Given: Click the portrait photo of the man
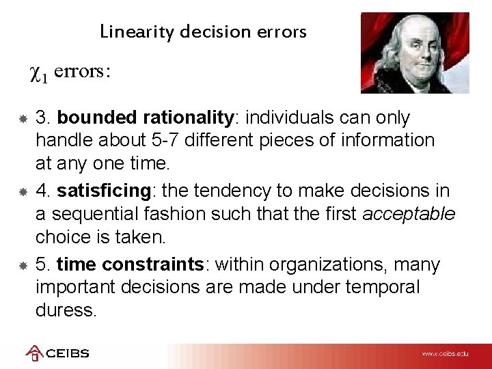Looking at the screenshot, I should tap(415, 53).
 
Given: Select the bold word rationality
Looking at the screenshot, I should tap(189, 118).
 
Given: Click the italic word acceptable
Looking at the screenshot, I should tap(409, 215).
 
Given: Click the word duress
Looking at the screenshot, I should tap(66, 310).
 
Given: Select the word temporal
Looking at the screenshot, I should tap(382, 288).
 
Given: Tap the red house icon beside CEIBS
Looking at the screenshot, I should tap(33, 353).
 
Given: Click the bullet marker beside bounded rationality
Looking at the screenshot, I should tap(23, 119).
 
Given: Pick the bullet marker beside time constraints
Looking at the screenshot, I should tap(23, 265).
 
